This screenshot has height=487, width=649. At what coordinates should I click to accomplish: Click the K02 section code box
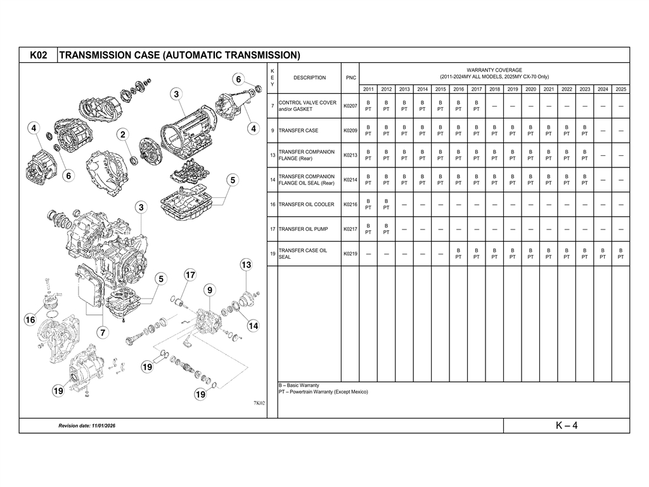[39, 55]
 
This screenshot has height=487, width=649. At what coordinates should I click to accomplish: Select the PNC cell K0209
[350, 131]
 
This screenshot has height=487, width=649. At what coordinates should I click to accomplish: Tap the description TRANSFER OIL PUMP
[302, 229]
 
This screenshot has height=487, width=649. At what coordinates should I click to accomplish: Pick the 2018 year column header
[494, 89]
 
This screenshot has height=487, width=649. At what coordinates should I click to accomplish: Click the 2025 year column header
[620, 89]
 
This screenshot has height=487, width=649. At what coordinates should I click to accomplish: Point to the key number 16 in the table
[272, 205]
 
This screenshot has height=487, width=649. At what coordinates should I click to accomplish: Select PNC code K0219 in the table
[350, 254]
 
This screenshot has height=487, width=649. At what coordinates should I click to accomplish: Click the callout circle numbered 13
[246, 264]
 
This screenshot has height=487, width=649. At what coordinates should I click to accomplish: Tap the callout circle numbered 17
[190, 275]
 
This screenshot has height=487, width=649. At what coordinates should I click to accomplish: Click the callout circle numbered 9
[209, 290]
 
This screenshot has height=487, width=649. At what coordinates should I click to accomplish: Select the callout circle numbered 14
[253, 326]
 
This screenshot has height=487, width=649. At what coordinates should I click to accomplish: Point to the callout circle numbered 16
[30, 320]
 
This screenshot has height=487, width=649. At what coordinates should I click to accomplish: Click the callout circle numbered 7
[101, 333]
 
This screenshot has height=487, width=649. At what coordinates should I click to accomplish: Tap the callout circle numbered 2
[122, 134]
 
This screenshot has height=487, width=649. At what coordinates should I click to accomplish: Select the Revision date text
[87, 425]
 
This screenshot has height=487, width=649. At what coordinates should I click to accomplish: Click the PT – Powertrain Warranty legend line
[323, 392]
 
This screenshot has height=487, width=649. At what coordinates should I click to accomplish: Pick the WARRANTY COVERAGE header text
[494, 70]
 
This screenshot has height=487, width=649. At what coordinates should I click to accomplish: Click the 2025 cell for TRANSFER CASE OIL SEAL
[620, 254]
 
